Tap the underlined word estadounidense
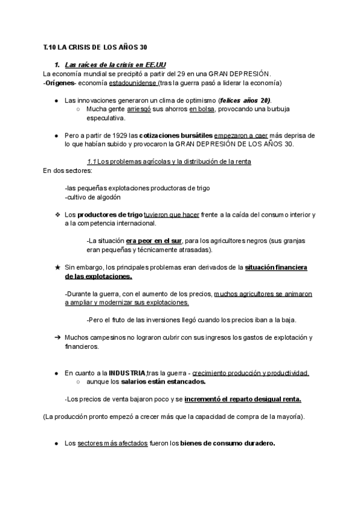point(133,82)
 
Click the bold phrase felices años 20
point(245,100)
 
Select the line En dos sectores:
point(64,170)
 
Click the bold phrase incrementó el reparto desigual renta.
point(242,399)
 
